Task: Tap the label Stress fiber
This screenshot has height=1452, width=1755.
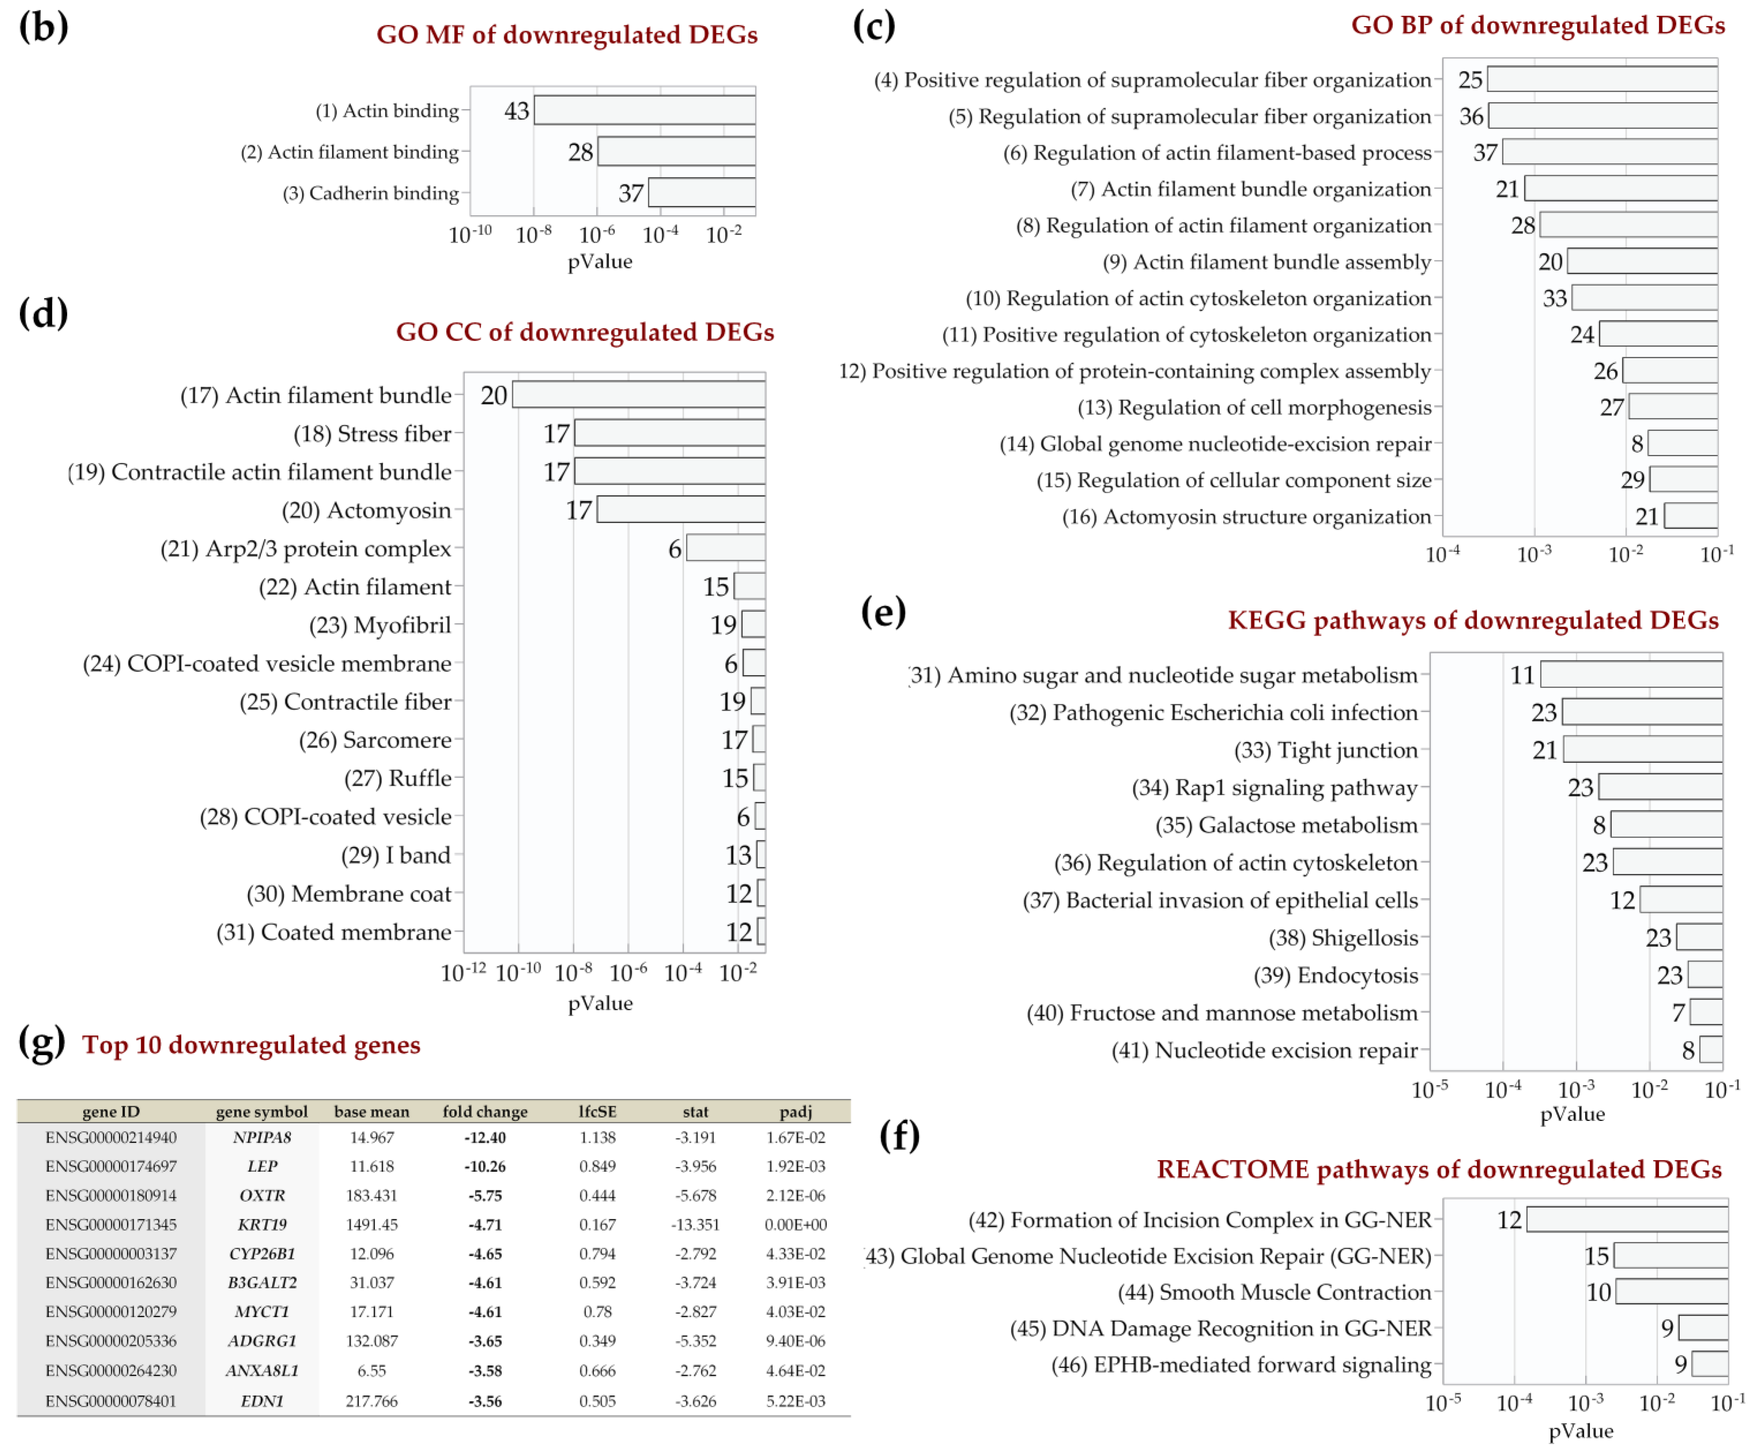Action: (373, 434)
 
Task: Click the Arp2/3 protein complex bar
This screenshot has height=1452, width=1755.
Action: (725, 548)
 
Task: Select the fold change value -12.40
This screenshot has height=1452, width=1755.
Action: (485, 1138)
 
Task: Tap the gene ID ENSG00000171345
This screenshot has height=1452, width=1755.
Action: (111, 1225)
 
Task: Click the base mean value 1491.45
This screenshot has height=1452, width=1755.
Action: (372, 1225)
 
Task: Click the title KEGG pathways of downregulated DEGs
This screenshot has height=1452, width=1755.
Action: (1473, 620)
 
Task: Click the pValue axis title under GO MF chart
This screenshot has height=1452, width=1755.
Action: (600, 262)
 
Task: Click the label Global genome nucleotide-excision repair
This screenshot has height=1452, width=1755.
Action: (1215, 444)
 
